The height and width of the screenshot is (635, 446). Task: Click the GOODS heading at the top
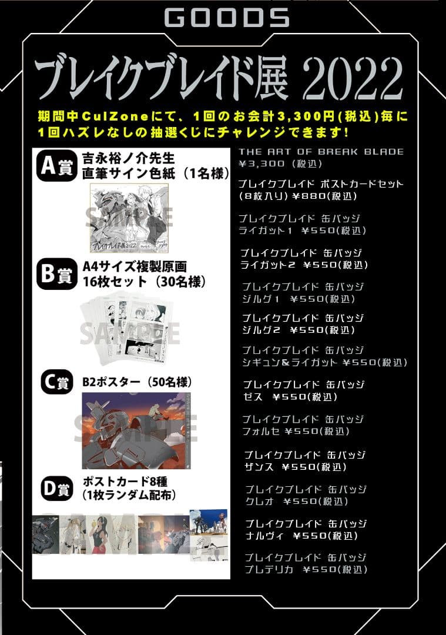tap(227, 18)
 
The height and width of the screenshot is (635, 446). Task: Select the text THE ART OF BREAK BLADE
tap(321, 152)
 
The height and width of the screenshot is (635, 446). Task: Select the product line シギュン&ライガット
tap(290, 362)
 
